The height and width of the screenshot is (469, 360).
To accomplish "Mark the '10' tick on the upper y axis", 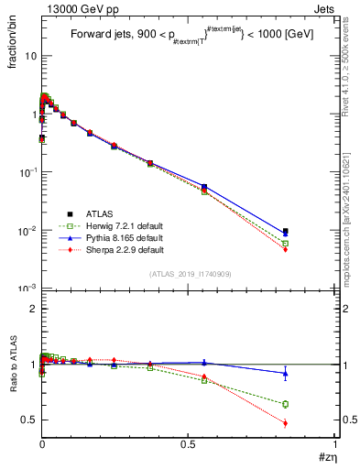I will [31, 56].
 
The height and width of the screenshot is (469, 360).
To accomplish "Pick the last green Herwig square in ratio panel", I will [286, 404].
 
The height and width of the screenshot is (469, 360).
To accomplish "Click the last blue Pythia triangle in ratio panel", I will [286, 373].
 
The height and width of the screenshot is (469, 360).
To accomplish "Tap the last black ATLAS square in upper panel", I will [286, 232].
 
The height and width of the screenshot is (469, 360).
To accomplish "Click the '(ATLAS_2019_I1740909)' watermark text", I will [189, 274].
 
